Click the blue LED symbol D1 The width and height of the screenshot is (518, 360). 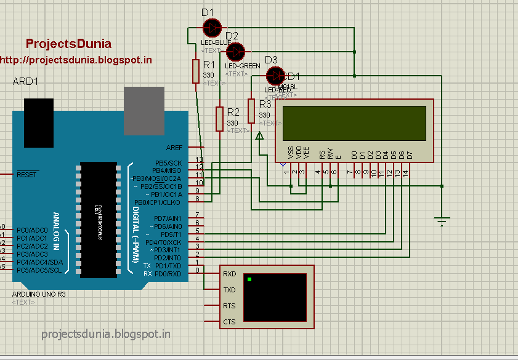(x=212, y=27)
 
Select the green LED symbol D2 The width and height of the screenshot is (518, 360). (x=235, y=51)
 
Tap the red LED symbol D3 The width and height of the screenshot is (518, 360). (x=275, y=75)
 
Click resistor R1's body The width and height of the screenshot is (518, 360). (x=196, y=71)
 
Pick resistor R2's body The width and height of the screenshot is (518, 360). (x=219, y=118)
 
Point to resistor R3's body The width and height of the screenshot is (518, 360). (x=251, y=111)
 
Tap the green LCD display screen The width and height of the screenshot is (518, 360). (x=354, y=123)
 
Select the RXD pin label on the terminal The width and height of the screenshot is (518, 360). (x=229, y=274)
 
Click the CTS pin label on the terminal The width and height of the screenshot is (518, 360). (x=229, y=322)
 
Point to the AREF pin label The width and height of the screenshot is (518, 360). (x=174, y=148)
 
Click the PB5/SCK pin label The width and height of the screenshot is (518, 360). (x=168, y=162)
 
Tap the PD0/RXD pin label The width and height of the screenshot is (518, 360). (x=168, y=273)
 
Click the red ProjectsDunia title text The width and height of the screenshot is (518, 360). (x=68, y=44)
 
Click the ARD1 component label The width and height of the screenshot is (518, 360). (x=25, y=82)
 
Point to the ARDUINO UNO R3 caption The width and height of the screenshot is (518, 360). (x=39, y=294)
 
